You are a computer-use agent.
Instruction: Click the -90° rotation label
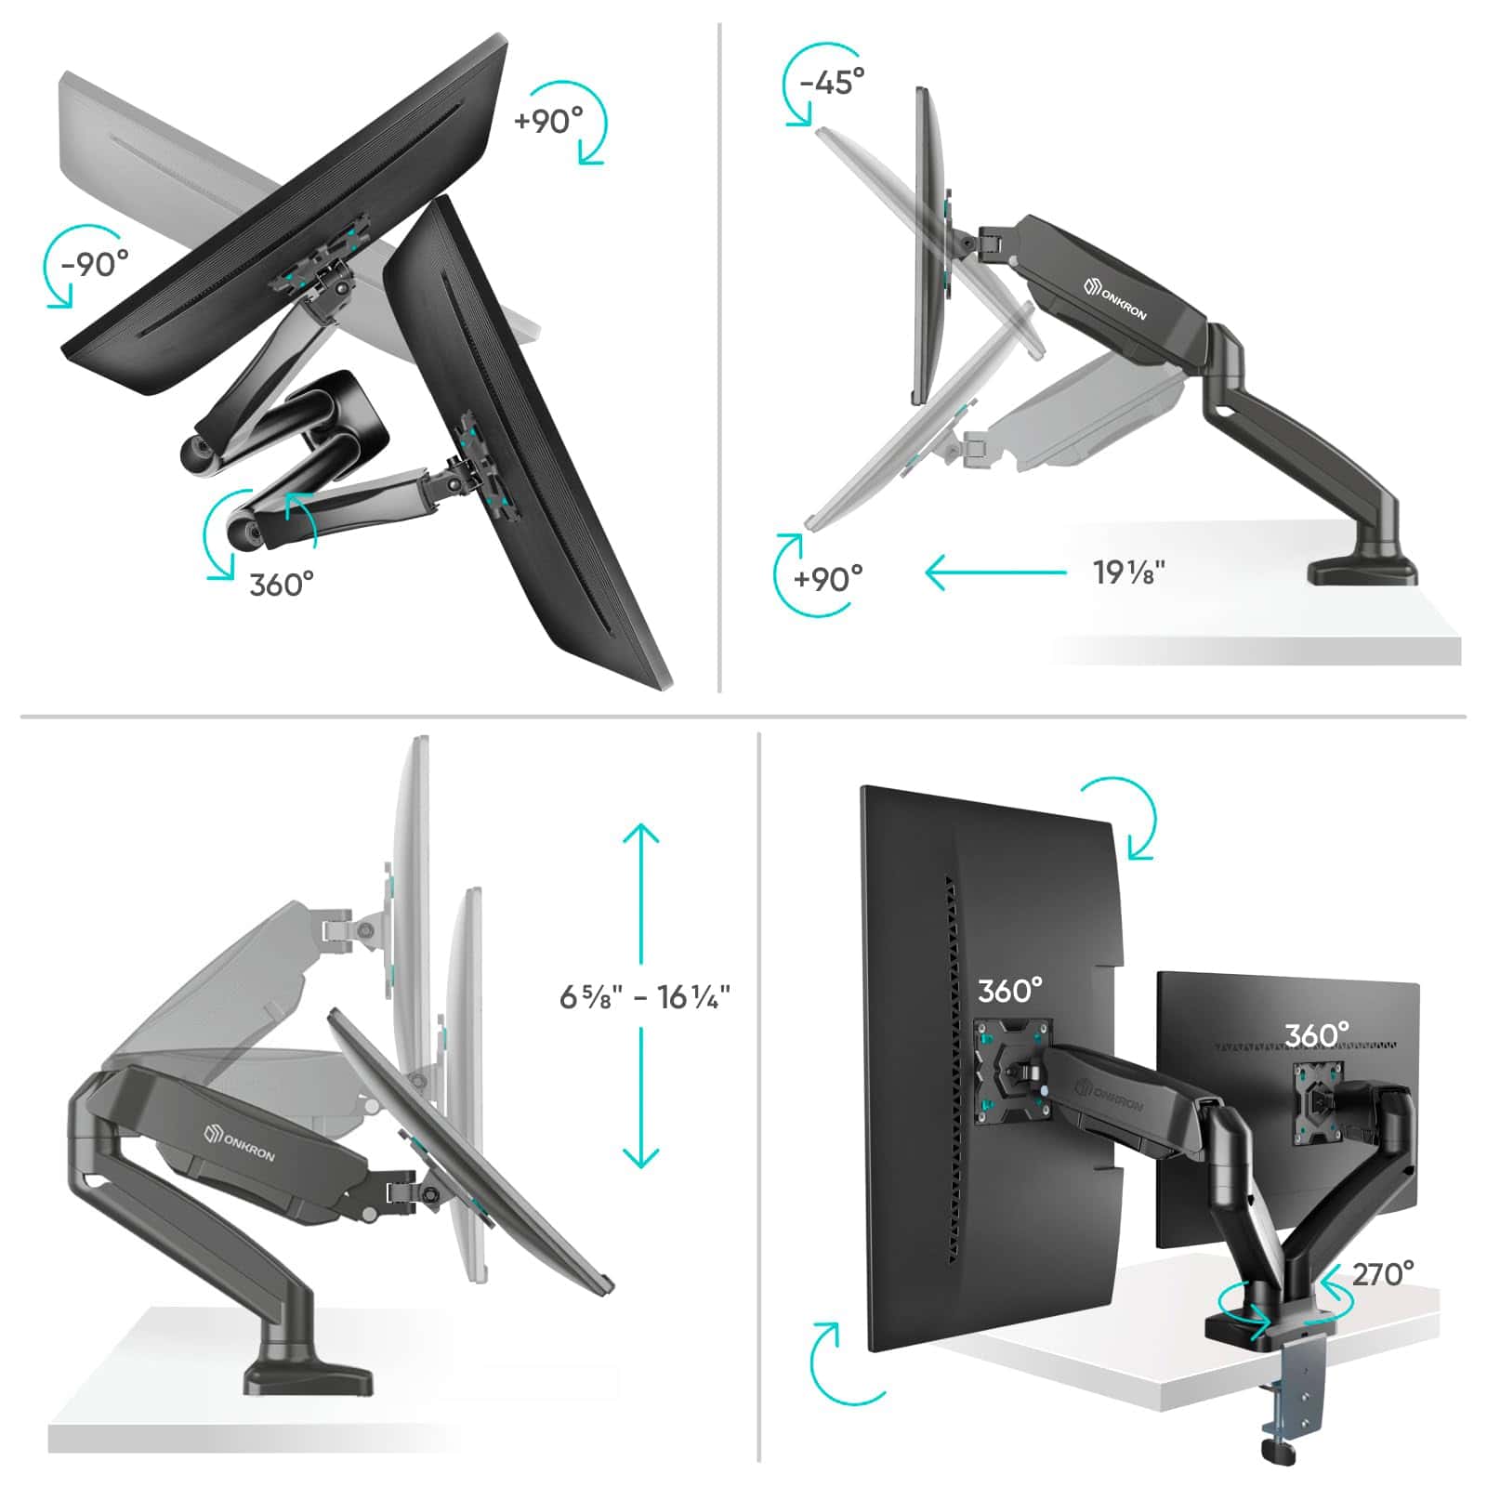(x=95, y=264)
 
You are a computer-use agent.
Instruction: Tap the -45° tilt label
(x=832, y=82)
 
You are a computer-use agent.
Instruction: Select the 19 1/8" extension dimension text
(x=1128, y=572)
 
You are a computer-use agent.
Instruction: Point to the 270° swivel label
(x=1383, y=1273)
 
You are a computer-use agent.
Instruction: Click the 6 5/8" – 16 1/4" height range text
(x=644, y=997)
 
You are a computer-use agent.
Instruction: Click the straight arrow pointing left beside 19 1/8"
(x=995, y=572)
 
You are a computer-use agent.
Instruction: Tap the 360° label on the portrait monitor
(x=1009, y=991)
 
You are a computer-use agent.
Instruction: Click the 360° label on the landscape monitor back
(x=1316, y=1034)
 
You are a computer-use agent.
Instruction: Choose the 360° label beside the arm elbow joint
(x=282, y=585)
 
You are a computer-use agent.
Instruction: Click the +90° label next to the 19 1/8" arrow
(x=828, y=579)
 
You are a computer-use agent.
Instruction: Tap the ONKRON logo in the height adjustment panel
(x=240, y=1141)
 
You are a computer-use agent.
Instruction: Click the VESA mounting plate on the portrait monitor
(x=1012, y=1070)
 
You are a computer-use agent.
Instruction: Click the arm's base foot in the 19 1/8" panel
(x=1362, y=569)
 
